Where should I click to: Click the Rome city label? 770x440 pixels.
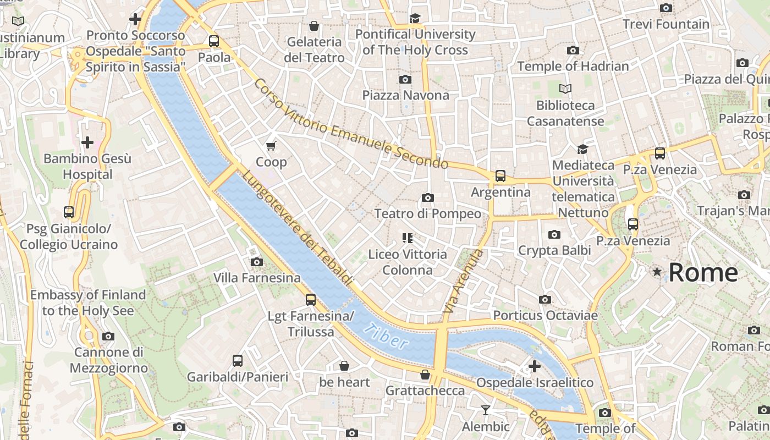click(703, 272)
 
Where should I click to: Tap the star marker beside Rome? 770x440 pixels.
click(657, 272)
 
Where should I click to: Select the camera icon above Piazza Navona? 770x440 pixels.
click(405, 79)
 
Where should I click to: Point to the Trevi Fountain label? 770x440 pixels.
click(666, 24)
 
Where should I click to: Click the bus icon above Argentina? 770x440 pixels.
click(500, 176)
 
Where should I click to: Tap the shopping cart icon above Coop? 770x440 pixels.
click(271, 146)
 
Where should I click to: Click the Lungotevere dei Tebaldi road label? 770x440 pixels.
click(297, 228)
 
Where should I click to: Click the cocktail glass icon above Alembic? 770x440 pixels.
click(485, 410)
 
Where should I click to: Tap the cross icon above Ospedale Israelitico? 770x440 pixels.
click(534, 366)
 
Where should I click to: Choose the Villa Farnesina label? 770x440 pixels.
click(257, 278)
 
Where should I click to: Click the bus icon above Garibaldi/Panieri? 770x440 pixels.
click(237, 361)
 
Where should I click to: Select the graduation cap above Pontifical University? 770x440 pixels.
click(415, 19)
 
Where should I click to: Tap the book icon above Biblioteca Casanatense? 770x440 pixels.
click(565, 89)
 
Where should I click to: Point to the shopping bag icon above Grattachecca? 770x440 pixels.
click(425, 375)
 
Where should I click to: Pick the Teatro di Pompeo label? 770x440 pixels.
click(427, 213)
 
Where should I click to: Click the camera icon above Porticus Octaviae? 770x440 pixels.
click(544, 299)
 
